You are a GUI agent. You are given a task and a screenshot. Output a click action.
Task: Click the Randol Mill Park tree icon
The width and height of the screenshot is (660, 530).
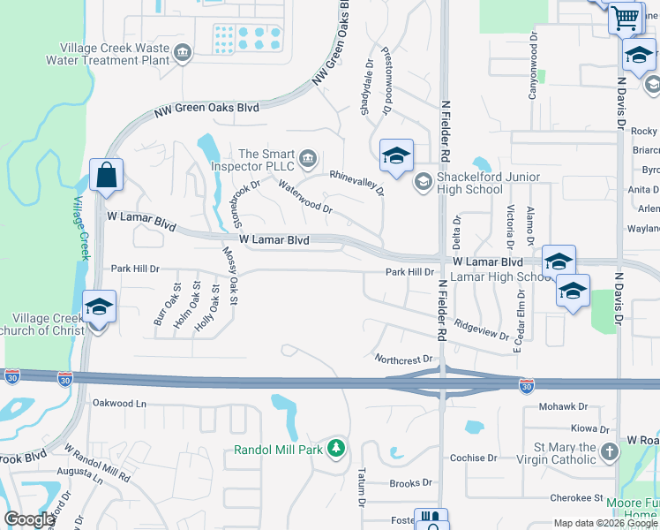click(335, 449)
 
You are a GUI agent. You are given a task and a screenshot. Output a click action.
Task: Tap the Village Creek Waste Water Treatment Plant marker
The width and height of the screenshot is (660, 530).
click(183, 53)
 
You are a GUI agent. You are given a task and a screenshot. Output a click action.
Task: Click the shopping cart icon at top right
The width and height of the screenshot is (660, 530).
click(625, 18)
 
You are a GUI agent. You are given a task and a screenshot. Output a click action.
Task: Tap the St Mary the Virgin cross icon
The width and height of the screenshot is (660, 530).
click(610, 452)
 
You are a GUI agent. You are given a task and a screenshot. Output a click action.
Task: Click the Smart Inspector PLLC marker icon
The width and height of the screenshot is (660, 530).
click(308, 159)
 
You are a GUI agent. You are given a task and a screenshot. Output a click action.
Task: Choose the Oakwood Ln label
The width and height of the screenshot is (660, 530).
click(118, 403)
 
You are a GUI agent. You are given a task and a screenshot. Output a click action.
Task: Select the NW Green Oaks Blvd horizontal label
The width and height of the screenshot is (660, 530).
click(206, 108)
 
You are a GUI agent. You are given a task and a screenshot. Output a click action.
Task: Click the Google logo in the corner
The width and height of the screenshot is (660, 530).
click(29, 519)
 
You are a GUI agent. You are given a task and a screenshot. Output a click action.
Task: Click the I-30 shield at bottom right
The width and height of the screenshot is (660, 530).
click(526, 385)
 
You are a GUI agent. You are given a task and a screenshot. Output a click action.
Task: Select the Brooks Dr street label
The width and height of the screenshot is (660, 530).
click(410, 483)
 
